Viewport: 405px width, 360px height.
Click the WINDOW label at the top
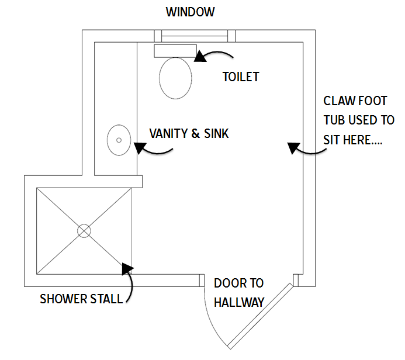[x=191, y=12]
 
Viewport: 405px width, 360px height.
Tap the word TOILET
[x=240, y=77]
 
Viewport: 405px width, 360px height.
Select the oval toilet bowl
[x=175, y=78]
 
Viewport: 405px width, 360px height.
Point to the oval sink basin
[x=119, y=140]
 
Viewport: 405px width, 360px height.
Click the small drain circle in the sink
[x=119, y=140]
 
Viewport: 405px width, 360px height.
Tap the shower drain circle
[x=84, y=231]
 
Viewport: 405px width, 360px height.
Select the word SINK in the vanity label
[x=216, y=133]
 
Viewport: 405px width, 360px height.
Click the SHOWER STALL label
[x=81, y=299]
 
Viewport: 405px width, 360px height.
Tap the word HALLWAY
[x=239, y=302]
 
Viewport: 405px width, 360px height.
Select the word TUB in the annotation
[x=335, y=120]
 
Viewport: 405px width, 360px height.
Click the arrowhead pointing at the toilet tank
[x=199, y=56]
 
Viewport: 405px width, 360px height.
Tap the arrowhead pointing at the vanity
[x=140, y=148]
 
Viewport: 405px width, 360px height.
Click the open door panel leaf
[x=260, y=314]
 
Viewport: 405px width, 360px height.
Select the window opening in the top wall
[x=195, y=36]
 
